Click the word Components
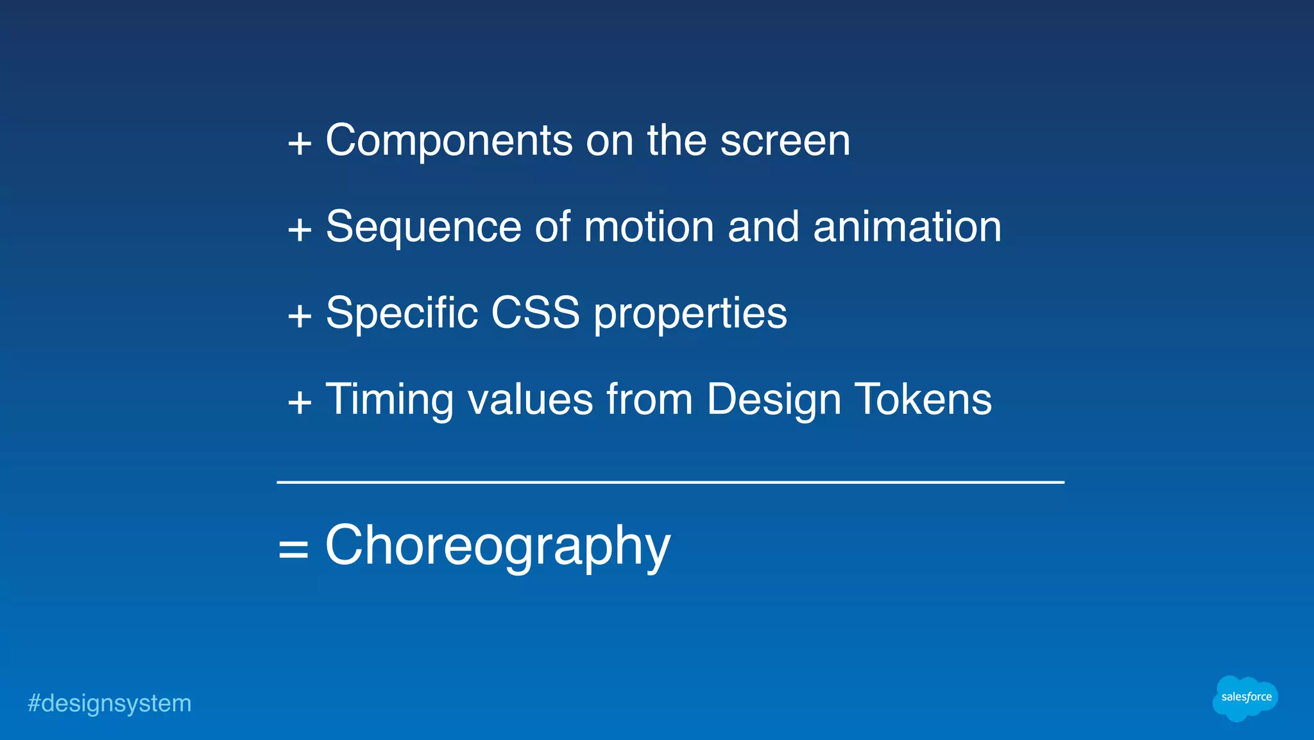coord(448,141)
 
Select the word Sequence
coord(423,227)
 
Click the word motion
coord(649,227)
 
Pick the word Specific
coord(402,313)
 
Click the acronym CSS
coord(535,313)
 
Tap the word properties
coord(690,314)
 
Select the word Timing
coord(389,400)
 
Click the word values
coord(530,400)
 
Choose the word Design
coord(773,400)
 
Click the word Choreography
coord(497,546)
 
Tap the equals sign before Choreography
coord(293,549)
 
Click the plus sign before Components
coord(300,143)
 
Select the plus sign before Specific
coord(300,316)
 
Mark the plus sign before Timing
coord(300,403)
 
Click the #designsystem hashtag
coord(109,703)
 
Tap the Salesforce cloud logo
coord(1245,698)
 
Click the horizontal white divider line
coord(670,482)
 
